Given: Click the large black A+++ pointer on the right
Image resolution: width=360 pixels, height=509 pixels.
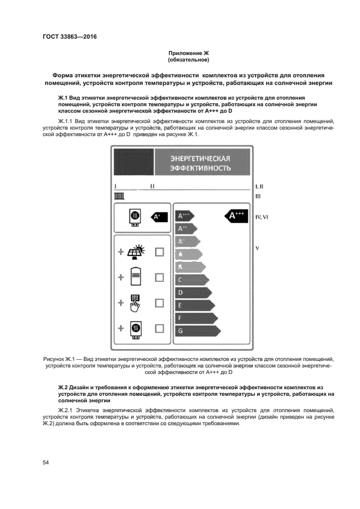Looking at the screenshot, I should (x=236, y=216).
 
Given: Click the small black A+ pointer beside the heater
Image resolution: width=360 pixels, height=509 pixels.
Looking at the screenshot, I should (x=158, y=217).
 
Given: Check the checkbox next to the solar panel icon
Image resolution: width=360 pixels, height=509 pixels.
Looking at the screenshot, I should (x=160, y=252).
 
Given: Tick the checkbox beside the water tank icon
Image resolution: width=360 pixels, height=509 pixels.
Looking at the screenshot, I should (x=160, y=277).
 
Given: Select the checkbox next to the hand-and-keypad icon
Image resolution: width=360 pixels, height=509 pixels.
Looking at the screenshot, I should (x=160, y=303).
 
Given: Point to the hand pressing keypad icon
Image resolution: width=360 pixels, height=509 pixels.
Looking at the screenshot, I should (x=135, y=303).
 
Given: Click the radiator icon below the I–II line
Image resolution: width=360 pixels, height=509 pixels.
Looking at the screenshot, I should (x=120, y=196).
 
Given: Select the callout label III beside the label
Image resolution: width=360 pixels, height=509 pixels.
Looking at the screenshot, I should (x=259, y=196).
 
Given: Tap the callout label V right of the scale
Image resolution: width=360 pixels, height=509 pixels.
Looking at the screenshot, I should (x=257, y=249).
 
